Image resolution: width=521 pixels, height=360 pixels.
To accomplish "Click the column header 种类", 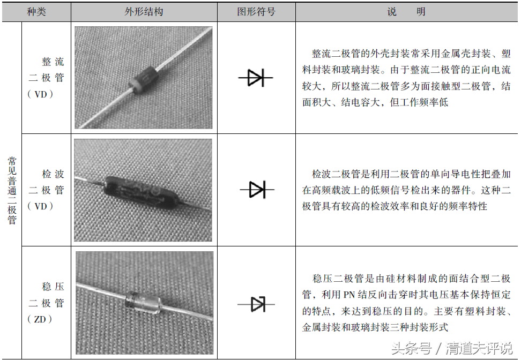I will point(36,11).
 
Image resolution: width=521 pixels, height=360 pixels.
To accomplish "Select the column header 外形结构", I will point(144,11).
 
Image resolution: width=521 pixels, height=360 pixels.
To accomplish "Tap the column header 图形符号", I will point(256,11).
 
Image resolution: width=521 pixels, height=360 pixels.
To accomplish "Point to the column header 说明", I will point(406,11).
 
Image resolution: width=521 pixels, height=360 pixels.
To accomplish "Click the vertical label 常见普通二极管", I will point(12,191).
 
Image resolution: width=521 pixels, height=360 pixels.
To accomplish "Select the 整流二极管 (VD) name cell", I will point(46,78).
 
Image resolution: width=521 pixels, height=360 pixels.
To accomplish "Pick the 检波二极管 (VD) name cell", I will point(46,190).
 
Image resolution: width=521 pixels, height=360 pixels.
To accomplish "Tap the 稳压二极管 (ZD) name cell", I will point(46,303).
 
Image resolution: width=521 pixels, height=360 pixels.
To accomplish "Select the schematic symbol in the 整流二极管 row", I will point(256,78).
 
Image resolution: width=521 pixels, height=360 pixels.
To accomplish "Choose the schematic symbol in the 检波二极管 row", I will point(256,189).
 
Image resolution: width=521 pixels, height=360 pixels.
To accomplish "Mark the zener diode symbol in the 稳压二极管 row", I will point(256,304).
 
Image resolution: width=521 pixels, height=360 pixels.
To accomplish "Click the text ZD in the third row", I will point(40,319).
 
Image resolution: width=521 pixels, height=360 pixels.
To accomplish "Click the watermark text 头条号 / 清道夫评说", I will point(451,348).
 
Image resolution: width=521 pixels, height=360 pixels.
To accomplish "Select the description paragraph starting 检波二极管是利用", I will point(406,190).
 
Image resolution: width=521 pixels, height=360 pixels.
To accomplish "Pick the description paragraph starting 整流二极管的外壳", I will point(406,78).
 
